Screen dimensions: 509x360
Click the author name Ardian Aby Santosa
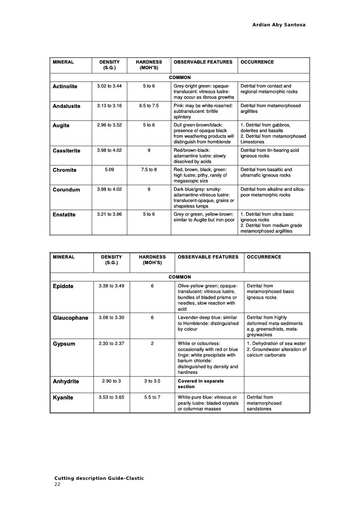[x=279, y=25]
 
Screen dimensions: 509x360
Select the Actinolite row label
[x=65, y=86]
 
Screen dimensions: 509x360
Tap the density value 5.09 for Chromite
[x=109, y=170]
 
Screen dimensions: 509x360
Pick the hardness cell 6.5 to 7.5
[x=149, y=106]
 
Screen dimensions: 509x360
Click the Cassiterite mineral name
[x=66, y=151]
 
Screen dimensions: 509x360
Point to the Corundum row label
[x=66, y=190]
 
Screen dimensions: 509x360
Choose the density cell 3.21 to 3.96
[x=109, y=214]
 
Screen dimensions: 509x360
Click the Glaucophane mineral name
[x=70, y=318]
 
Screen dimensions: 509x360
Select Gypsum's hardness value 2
[x=152, y=344]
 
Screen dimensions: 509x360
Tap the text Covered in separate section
[x=200, y=384]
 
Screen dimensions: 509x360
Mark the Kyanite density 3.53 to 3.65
[x=111, y=397]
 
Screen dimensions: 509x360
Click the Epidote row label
[x=63, y=286]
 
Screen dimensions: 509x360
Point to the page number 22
[x=57, y=484]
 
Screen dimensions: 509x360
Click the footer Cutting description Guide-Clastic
[x=99, y=478]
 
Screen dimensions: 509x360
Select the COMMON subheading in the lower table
[x=180, y=277]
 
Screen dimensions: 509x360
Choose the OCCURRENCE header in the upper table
[x=257, y=62]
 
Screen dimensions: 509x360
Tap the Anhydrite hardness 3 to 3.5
[x=152, y=381]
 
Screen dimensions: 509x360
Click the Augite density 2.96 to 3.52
[x=109, y=125]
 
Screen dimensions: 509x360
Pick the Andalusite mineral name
[x=66, y=106]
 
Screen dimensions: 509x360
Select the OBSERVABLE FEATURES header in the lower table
[x=208, y=257]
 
